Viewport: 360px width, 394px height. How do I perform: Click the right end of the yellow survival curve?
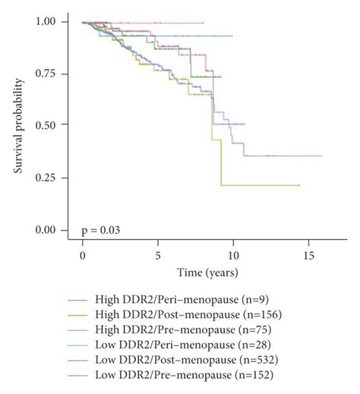tap(300, 185)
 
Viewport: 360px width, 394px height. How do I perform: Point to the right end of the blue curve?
tap(322, 156)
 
